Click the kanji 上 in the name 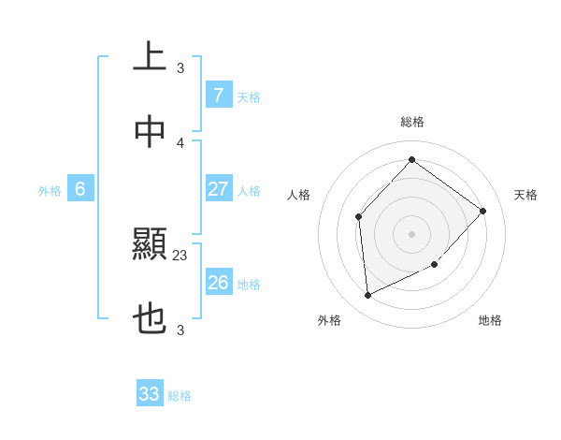[x=150, y=56]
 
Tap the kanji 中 [x=150, y=132]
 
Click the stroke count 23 [x=180, y=255]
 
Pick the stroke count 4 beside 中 [x=180, y=142]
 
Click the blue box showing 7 [x=218, y=95]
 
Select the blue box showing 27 [x=218, y=189]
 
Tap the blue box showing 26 [x=218, y=283]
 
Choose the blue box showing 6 [x=80, y=189]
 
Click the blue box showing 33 [x=150, y=394]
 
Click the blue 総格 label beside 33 [x=180, y=396]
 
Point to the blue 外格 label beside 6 [x=50, y=191]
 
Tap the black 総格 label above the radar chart [x=411, y=122]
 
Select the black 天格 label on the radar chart [x=525, y=195]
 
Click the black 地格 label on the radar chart [x=490, y=321]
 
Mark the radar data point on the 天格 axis [x=482, y=211]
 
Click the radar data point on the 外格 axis [x=367, y=295]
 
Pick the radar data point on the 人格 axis [x=359, y=217]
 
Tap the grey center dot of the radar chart [x=411, y=234]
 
